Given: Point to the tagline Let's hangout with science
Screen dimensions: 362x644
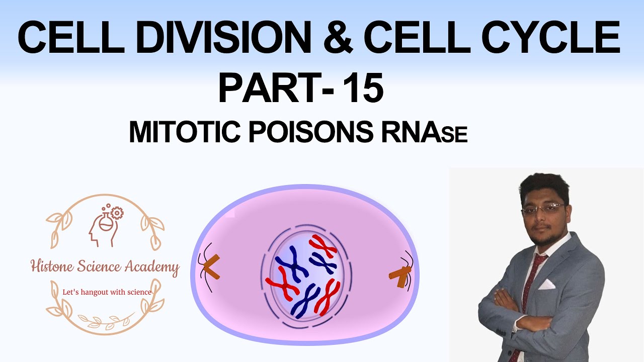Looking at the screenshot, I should (106, 292).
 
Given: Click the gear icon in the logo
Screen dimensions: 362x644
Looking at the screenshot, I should (117, 213).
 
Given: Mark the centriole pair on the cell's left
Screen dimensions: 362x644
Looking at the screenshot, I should (211, 267).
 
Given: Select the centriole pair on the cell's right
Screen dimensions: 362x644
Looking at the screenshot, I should (400, 275).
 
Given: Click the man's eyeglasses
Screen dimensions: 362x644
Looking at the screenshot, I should (542, 208).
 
